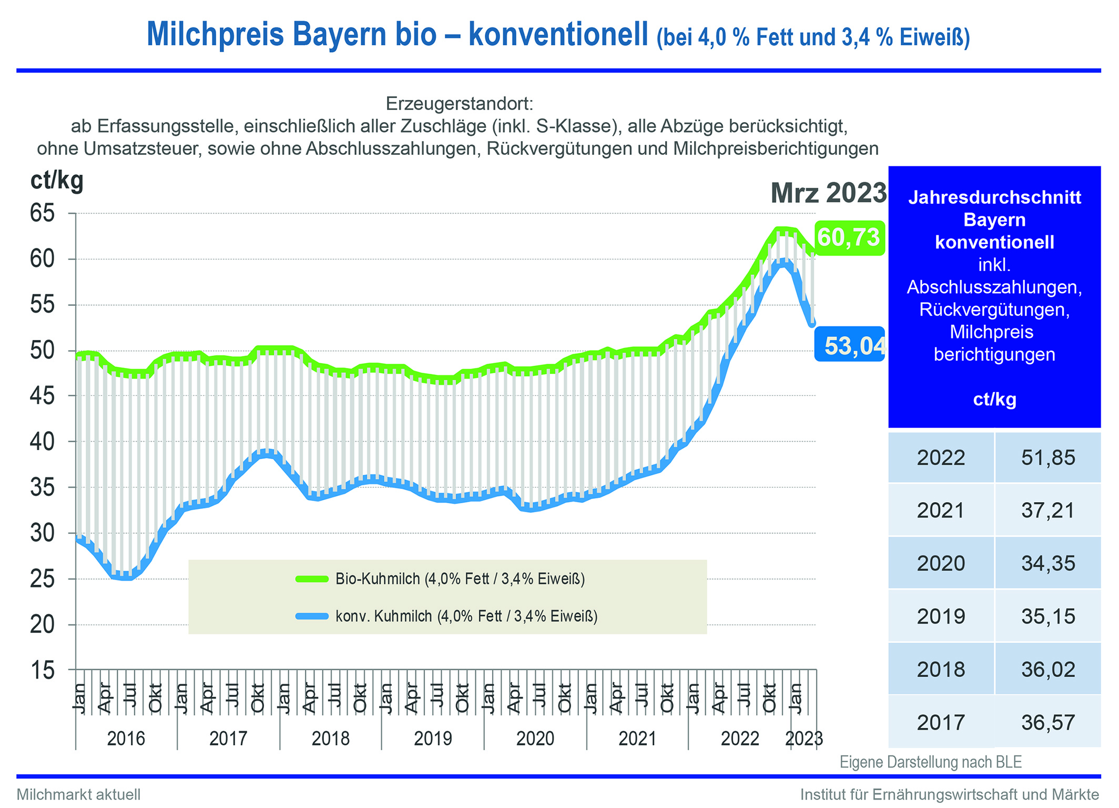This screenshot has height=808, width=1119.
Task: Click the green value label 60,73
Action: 849,238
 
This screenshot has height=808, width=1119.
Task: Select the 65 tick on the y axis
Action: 42,213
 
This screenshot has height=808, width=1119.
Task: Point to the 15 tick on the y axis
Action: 42,671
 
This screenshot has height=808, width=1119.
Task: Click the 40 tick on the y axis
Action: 42,442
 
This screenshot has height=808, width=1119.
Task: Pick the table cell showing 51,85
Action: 1048,457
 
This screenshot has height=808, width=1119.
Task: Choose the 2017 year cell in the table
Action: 941,722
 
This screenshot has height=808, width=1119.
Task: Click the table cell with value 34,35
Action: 1048,563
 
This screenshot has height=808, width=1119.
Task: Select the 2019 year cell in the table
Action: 941,616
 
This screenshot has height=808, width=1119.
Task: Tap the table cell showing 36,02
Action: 1048,670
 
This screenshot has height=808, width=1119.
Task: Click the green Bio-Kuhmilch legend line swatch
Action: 312,579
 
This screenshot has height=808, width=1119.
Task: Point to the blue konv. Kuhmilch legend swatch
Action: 312,616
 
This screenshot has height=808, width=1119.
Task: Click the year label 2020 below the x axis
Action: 535,739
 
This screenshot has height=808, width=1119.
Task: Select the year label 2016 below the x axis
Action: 126,739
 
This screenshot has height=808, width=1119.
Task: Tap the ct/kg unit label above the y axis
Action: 57,181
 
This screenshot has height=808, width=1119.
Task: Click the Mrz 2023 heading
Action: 828,193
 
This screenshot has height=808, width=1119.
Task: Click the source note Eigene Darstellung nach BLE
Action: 930,762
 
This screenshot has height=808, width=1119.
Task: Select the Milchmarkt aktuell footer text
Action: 79,794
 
